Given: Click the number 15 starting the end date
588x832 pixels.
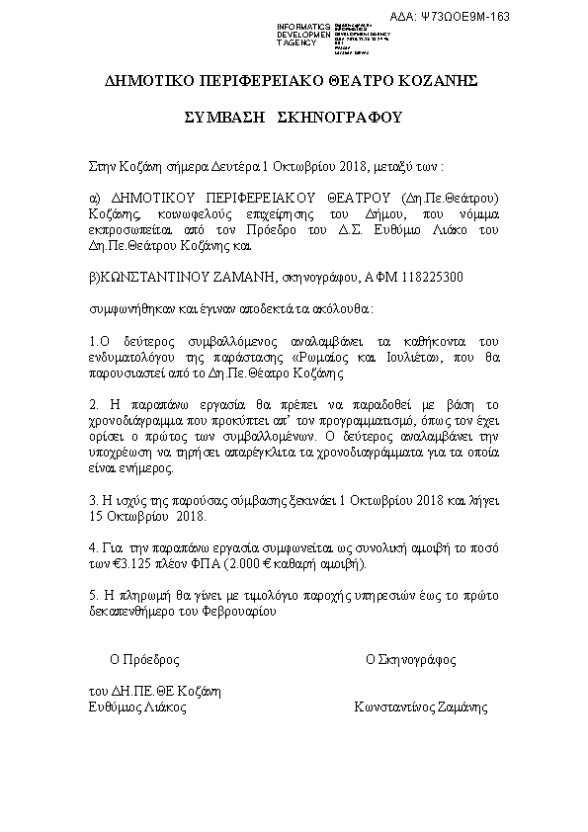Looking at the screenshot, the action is click(x=96, y=515).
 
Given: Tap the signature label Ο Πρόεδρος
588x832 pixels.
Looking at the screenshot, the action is click(x=144, y=658).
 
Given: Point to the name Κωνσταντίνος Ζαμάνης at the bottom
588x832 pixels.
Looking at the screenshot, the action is click(x=420, y=707).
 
